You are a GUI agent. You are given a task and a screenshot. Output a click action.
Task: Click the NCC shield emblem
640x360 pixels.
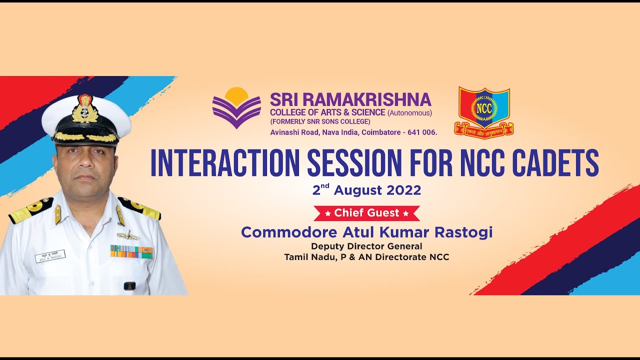pyautogui.click(x=483, y=111)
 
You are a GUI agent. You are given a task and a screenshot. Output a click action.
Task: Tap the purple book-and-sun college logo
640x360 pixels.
pyautogui.click(x=236, y=108)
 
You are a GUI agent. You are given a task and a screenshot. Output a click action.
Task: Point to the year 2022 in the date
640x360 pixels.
pyautogui.click(x=403, y=190)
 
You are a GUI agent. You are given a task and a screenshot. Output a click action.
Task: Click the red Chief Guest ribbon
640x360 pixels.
pyautogui.click(x=366, y=213)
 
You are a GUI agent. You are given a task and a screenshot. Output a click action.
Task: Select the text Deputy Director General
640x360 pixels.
pyautogui.click(x=366, y=246)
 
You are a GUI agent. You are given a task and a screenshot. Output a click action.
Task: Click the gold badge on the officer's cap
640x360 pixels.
pyautogui.click(x=85, y=109)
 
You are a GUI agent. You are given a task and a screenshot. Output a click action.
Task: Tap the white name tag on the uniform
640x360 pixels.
pyautogui.click(x=50, y=256)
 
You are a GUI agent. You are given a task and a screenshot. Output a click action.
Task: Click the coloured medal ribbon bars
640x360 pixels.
pyautogui.click(x=131, y=251)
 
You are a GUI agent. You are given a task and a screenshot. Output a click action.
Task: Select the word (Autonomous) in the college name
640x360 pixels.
pyautogui.click(x=409, y=112)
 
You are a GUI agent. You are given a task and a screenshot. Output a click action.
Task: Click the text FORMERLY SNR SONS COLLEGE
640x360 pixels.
pyautogui.click(x=320, y=122)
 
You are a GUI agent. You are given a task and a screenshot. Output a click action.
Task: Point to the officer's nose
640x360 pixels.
pyautogui.click(x=85, y=166)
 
